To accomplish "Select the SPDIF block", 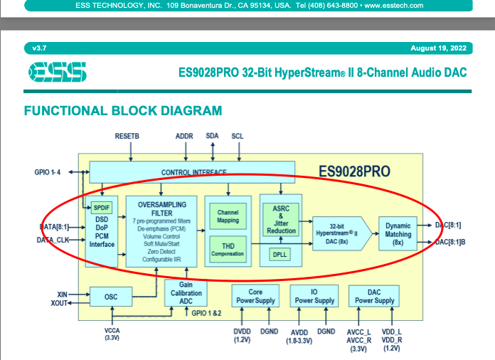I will tap(100, 207).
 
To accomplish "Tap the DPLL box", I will tap(279, 253).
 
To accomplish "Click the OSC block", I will tap(111, 297).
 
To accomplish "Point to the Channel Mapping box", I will tap(228, 216).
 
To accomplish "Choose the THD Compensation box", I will tap(228, 250).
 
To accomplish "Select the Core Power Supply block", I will tap(255, 296).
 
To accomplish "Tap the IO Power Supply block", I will tap(314, 296).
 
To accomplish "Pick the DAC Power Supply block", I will tap(374, 296).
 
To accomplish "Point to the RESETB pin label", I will tap(128, 135).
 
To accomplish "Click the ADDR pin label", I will tap(184, 135).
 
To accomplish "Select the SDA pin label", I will tap(213, 135).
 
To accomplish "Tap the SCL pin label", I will tap(238, 135).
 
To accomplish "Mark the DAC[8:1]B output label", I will tap(450, 242).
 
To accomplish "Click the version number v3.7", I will tap(38, 48).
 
